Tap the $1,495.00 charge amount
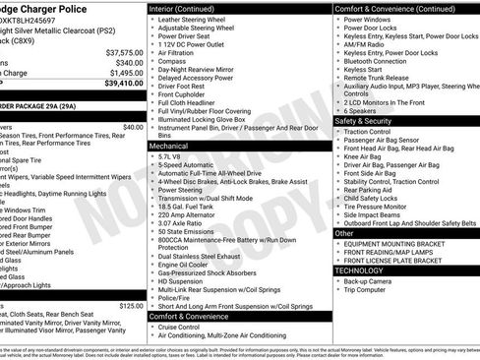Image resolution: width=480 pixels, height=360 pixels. (x=124, y=73)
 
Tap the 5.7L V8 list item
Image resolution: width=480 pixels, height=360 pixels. (x=170, y=155)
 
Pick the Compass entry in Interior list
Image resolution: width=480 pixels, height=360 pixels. (x=173, y=62)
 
